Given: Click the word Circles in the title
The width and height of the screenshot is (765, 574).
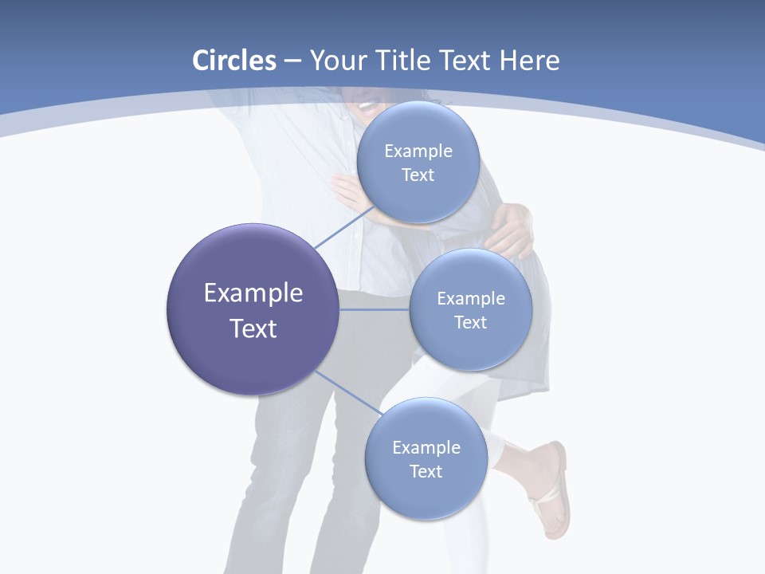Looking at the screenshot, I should (x=234, y=61).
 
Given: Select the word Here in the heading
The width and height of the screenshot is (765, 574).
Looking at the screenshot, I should (x=530, y=61).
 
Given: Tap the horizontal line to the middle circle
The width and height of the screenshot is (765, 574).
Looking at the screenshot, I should (x=375, y=309).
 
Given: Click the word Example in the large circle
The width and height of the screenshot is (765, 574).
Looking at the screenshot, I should (x=253, y=293).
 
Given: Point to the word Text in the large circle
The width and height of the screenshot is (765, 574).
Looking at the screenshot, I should (x=253, y=328).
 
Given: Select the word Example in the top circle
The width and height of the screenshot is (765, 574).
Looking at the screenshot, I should (x=418, y=151).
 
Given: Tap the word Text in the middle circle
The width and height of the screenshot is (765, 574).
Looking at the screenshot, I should (x=471, y=322).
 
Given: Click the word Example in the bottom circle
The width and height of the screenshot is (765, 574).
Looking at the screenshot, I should (x=426, y=448).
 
